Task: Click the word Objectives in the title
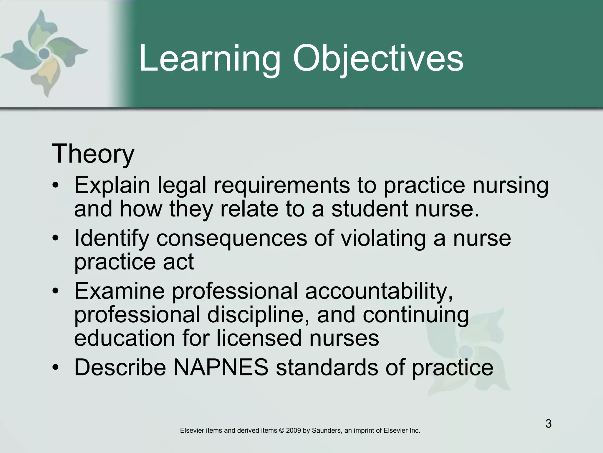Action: [x=378, y=59]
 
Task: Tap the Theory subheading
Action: [x=93, y=154]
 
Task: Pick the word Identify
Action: [x=112, y=238]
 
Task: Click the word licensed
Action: [x=259, y=338]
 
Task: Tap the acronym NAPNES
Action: [x=221, y=367]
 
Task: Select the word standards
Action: [x=327, y=367]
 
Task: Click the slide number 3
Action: [x=548, y=424]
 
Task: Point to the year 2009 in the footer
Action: [x=293, y=431]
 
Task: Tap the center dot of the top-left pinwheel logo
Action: [x=44, y=53]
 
